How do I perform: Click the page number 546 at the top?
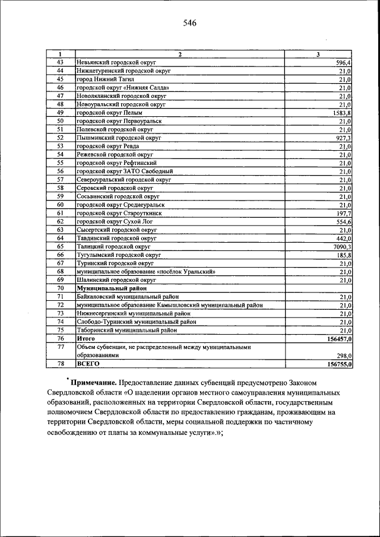point(189,23)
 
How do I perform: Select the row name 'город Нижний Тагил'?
point(106,79)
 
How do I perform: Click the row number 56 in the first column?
point(60,171)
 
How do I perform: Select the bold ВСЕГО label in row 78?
point(88,363)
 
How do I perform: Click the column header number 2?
point(180,55)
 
